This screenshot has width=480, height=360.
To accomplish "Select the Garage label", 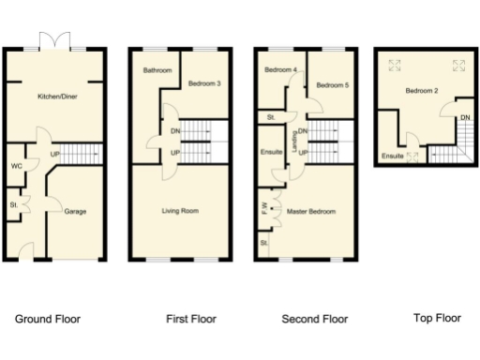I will [x=75, y=212].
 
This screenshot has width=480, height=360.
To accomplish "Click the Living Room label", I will [x=178, y=211].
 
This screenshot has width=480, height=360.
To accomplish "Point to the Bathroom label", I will [x=157, y=70].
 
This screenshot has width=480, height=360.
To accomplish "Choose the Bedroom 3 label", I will [x=204, y=83].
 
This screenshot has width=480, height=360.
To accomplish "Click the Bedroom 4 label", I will [x=280, y=70].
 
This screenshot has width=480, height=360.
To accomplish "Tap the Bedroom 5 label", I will [x=332, y=85].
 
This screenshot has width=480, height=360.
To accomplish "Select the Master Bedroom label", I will [x=311, y=211].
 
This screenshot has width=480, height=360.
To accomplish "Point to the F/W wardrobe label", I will [x=265, y=207].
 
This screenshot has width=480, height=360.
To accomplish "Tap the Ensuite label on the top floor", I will [x=393, y=156].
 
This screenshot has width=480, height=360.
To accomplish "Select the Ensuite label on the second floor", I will [x=271, y=151].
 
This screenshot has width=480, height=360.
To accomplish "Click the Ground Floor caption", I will [x=48, y=319].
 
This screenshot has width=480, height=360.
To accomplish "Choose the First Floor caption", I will [x=190, y=319].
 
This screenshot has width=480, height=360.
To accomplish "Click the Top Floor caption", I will [x=437, y=318].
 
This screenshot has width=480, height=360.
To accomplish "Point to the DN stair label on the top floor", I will [x=464, y=117].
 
